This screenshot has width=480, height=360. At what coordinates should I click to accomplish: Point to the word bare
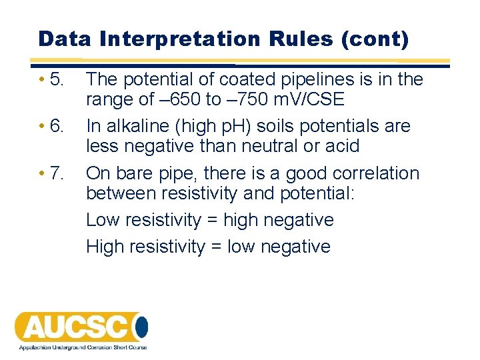pyautogui.click(x=136, y=173)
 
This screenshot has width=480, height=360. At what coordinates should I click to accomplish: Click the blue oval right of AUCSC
pyautogui.click(x=141, y=327)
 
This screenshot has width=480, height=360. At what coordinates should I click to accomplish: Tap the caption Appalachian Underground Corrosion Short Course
pyautogui.click(x=83, y=347)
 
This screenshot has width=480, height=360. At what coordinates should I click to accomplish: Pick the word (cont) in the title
pyautogui.click(x=374, y=39)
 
